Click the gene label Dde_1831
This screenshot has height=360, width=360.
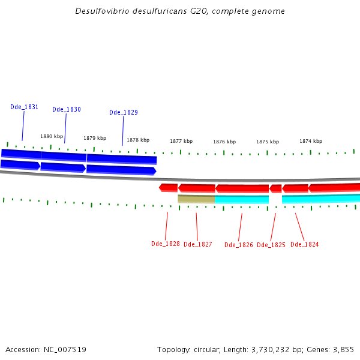pos(24,107)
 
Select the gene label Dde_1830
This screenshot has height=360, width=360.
pos(66,109)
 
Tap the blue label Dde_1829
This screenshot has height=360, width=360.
pos(124,112)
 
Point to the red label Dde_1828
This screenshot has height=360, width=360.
pos(166,244)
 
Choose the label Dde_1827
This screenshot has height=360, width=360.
pos(198,244)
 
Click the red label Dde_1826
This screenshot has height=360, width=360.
pos(239,245)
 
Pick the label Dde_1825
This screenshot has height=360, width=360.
pos(271,245)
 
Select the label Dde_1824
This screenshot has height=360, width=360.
pos(305,244)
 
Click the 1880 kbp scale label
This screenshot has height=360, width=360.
pos(52,136)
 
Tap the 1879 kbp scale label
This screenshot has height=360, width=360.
pos(95,138)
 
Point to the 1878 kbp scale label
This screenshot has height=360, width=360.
pos(138,140)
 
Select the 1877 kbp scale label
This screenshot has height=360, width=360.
pos(181,141)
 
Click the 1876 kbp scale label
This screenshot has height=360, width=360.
pos(224,142)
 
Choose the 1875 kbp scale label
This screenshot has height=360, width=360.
pos(268,142)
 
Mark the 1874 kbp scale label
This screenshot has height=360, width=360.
pos(311,141)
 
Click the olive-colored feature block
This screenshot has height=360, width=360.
pos(196,199)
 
